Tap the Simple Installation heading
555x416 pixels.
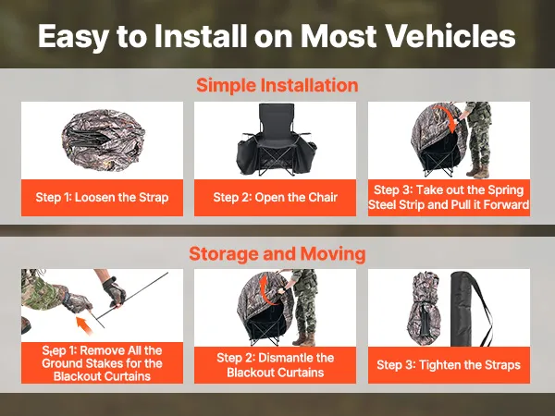[x=277, y=85]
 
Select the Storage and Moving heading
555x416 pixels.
[x=277, y=253]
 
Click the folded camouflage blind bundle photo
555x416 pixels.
[x=103, y=139]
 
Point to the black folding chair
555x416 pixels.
[x=276, y=141]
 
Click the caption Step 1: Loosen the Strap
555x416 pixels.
[x=102, y=197]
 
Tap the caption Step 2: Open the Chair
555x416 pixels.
[x=275, y=197]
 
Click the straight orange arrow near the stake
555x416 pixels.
[x=84, y=324]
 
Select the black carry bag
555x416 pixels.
[x=463, y=309]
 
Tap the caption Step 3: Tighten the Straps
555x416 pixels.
[x=449, y=365]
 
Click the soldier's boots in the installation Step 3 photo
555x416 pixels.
[x=478, y=171]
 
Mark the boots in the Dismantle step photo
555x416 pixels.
[x=304, y=339]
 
